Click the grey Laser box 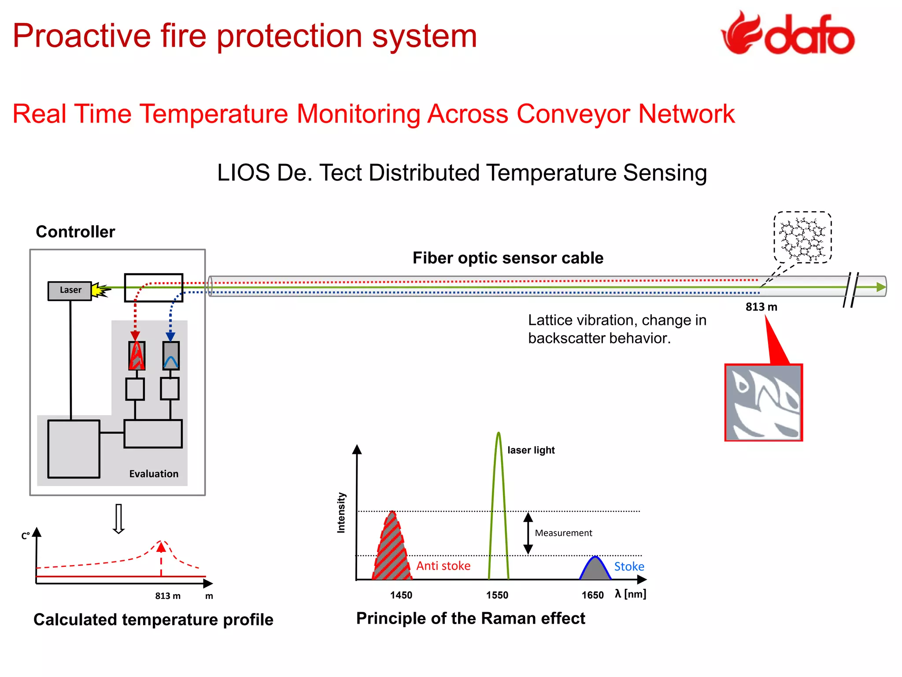tap(70, 290)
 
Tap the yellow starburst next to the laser tap(100, 290)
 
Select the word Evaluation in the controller tap(154, 474)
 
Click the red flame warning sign tap(763, 402)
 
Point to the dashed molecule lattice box tap(802, 238)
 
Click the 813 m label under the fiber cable tap(761, 307)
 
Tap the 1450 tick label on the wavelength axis tap(401, 595)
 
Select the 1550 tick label tap(497, 595)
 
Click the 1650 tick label tap(592, 595)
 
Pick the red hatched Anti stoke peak tap(391, 551)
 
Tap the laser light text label tap(531, 450)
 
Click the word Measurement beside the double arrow tap(563, 533)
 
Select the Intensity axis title tap(341, 513)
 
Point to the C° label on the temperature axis tap(26, 536)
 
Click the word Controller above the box tap(75, 232)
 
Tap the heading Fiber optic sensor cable tap(508, 258)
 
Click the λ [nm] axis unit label tap(630, 594)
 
